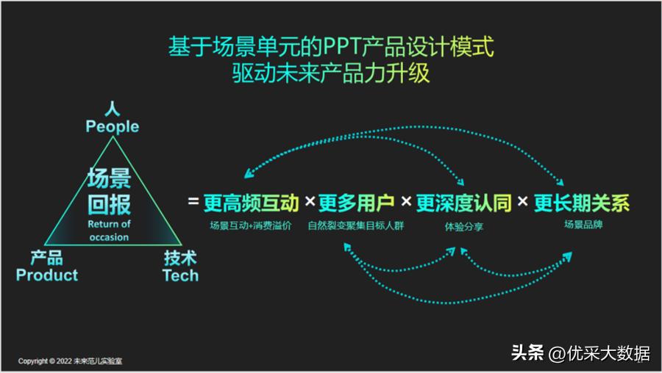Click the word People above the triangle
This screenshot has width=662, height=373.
coord(112,126)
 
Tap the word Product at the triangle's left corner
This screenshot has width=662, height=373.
coord(47,275)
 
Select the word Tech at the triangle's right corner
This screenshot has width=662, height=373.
coord(180,275)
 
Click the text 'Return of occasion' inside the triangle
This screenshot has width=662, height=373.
coord(109,231)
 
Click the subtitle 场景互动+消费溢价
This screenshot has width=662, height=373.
coord(250,226)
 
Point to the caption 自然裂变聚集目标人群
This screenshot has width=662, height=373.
coord(356,226)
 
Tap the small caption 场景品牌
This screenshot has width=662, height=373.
coord(583,225)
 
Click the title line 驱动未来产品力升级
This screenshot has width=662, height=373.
coord(330,74)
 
